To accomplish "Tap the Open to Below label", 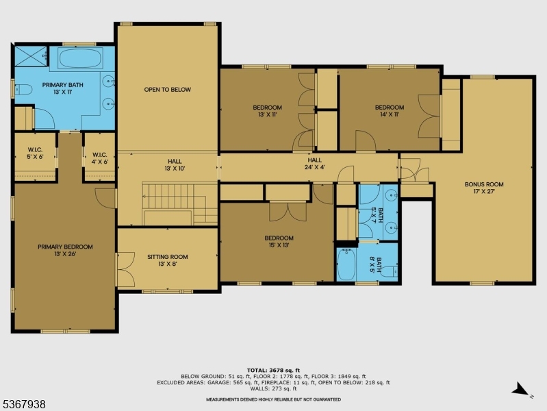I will [167, 90].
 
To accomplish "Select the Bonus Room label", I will [484, 188].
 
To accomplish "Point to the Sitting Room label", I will [167, 261].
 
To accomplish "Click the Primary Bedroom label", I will [65, 251].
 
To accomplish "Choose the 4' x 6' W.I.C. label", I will [99, 158].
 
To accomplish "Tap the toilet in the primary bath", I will [22, 89].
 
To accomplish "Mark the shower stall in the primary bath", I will [30, 55].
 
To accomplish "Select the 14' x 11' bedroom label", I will [389, 111].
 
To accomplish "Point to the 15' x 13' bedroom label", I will [279, 242].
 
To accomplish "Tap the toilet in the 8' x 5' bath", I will [390, 272].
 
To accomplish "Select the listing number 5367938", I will [23, 405].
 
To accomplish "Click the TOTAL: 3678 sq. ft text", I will [273, 370].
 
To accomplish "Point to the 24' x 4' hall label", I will [314, 163].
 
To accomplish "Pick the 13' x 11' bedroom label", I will [267, 111].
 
